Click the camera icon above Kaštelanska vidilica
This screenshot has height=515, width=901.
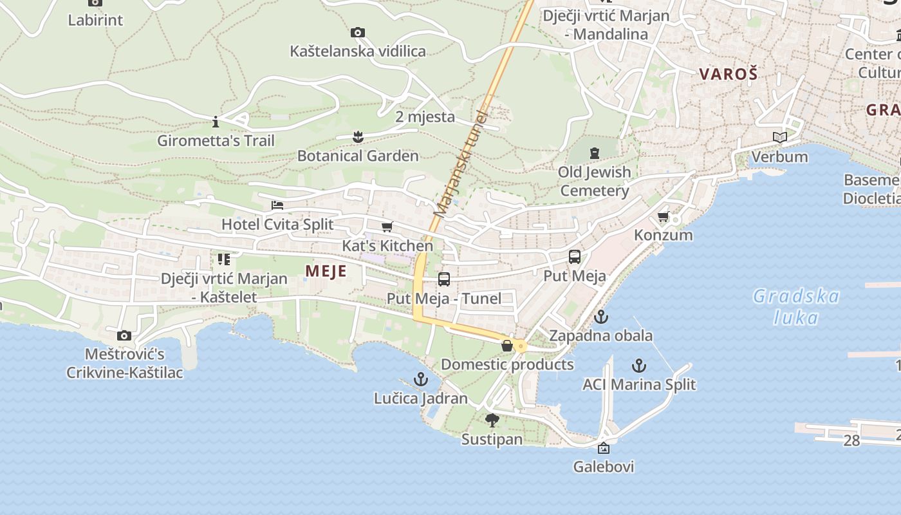pyautogui.click(x=358, y=32)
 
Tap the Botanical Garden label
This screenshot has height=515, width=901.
pyautogui.click(x=358, y=156)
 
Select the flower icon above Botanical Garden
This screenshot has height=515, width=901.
pyautogui.click(x=358, y=136)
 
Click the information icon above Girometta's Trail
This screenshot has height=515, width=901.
pyautogui.click(x=216, y=122)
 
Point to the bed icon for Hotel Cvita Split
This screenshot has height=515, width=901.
pyautogui.click(x=277, y=205)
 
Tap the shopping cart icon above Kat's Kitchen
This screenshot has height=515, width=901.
pyautogui.click(x=387, y=227)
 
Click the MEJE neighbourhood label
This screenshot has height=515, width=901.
pyautogui.click(x=326, y=271)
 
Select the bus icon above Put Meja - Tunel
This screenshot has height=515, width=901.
pyautogui.click(x=444, y=279)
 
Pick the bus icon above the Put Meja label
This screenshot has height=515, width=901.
pyautogui.click(x=575, y=257)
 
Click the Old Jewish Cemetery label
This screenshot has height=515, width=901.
pyautogui.click(x=595, y=182)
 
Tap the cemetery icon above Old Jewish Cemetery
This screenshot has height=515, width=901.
pyautogui.click(x=594, y=153)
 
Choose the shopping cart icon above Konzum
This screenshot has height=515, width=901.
pyautogui.click(x=664, y=216)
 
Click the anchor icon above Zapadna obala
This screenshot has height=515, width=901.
pyautogui.click(x=600, y=317)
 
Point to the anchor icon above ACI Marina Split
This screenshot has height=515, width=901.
pyautogui.click(x=638, y=366)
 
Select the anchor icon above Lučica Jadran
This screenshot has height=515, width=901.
pyautogui.click(x=420, y=379)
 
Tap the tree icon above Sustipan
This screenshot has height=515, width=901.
pyautogui.click(x=492, y=420)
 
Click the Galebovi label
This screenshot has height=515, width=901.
pyautogui.click(x=604, y=467)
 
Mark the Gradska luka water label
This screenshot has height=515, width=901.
pyautogui.click(x=796, y=306)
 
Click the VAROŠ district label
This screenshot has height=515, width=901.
pyautogui.click(x=729, y=74)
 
